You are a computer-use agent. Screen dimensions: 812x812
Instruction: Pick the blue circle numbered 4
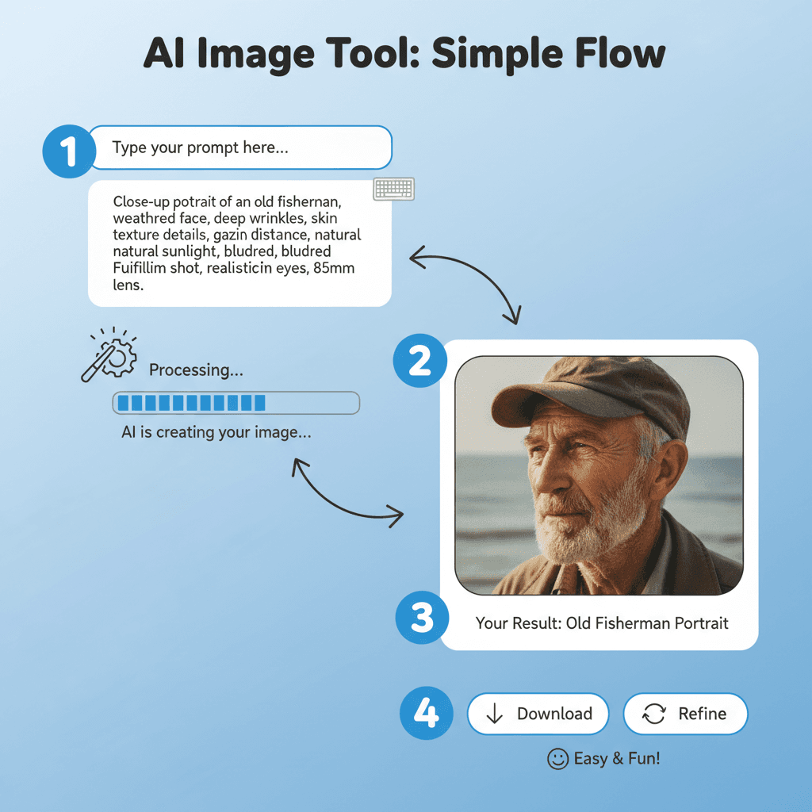click(x=427, y=714)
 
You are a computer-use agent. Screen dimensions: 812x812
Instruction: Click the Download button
click(x=538, y=714)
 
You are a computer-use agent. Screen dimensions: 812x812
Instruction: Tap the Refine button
click(x=685, y=714)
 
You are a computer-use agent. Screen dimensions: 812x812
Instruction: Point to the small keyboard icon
click(x=394, y=189)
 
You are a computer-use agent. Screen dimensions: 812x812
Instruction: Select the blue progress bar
click(x=236, y=403)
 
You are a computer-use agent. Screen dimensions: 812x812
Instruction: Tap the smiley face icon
click(x=558, y=759)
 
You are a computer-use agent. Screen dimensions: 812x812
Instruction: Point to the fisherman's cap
click(x=591, y=393)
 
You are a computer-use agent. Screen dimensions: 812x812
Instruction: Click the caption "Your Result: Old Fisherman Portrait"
click(x=601, y=622)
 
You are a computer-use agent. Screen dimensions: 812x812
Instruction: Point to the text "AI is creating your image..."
click(x=216, y=433)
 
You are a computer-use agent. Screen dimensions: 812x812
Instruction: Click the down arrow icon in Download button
click(x=495, y=714)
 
